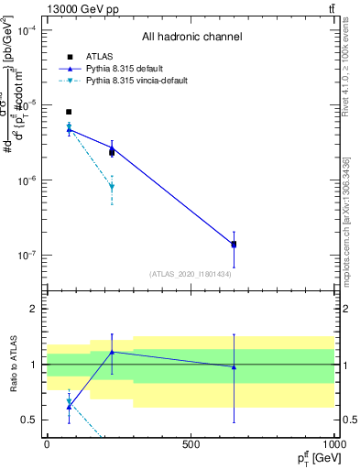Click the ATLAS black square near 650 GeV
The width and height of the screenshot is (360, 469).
coord(234,245)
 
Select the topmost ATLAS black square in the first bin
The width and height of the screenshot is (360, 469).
coord(69,112)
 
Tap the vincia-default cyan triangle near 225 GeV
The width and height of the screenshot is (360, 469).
coord(112,187)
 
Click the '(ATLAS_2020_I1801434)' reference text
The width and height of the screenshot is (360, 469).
coord(190,274)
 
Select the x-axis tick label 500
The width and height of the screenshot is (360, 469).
coord(191,443)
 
